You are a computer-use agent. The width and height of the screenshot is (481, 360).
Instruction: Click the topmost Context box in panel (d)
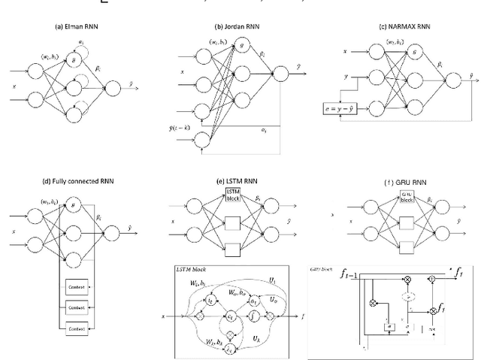(77, 289)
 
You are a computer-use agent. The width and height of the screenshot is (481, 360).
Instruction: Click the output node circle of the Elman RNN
(114, 89)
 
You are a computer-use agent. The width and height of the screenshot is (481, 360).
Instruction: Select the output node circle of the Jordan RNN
(281, 73)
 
